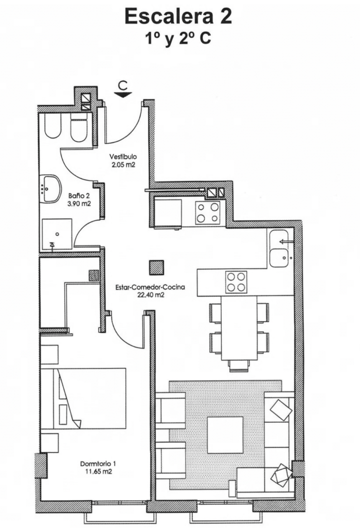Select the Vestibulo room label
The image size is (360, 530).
tap(122, 157)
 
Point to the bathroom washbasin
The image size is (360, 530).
tap(51, 189)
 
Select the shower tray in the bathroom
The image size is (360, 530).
tap(57, 234)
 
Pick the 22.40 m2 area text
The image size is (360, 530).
tap(150, 295)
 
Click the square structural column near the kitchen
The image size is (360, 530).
tap(156, 267)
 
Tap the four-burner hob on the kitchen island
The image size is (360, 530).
tap(236, 282)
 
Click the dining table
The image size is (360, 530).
tap(239, 328)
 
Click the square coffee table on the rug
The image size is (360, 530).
tap(225, 435)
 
